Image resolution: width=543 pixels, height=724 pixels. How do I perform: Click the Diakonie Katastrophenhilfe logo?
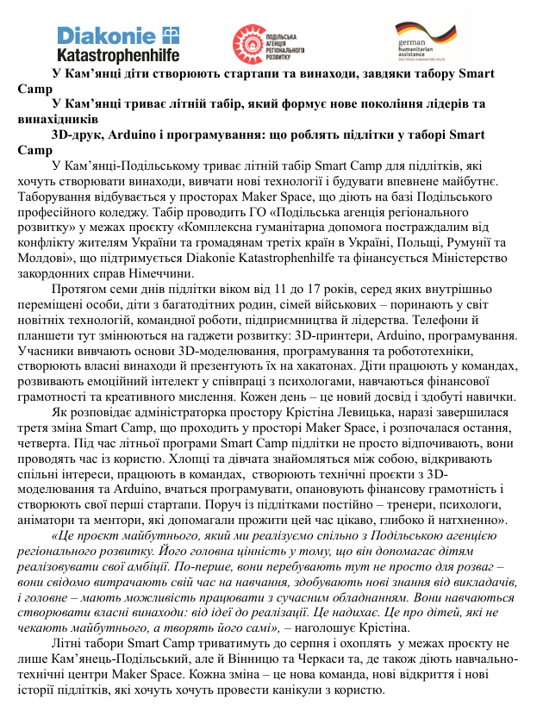click(118, 44)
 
